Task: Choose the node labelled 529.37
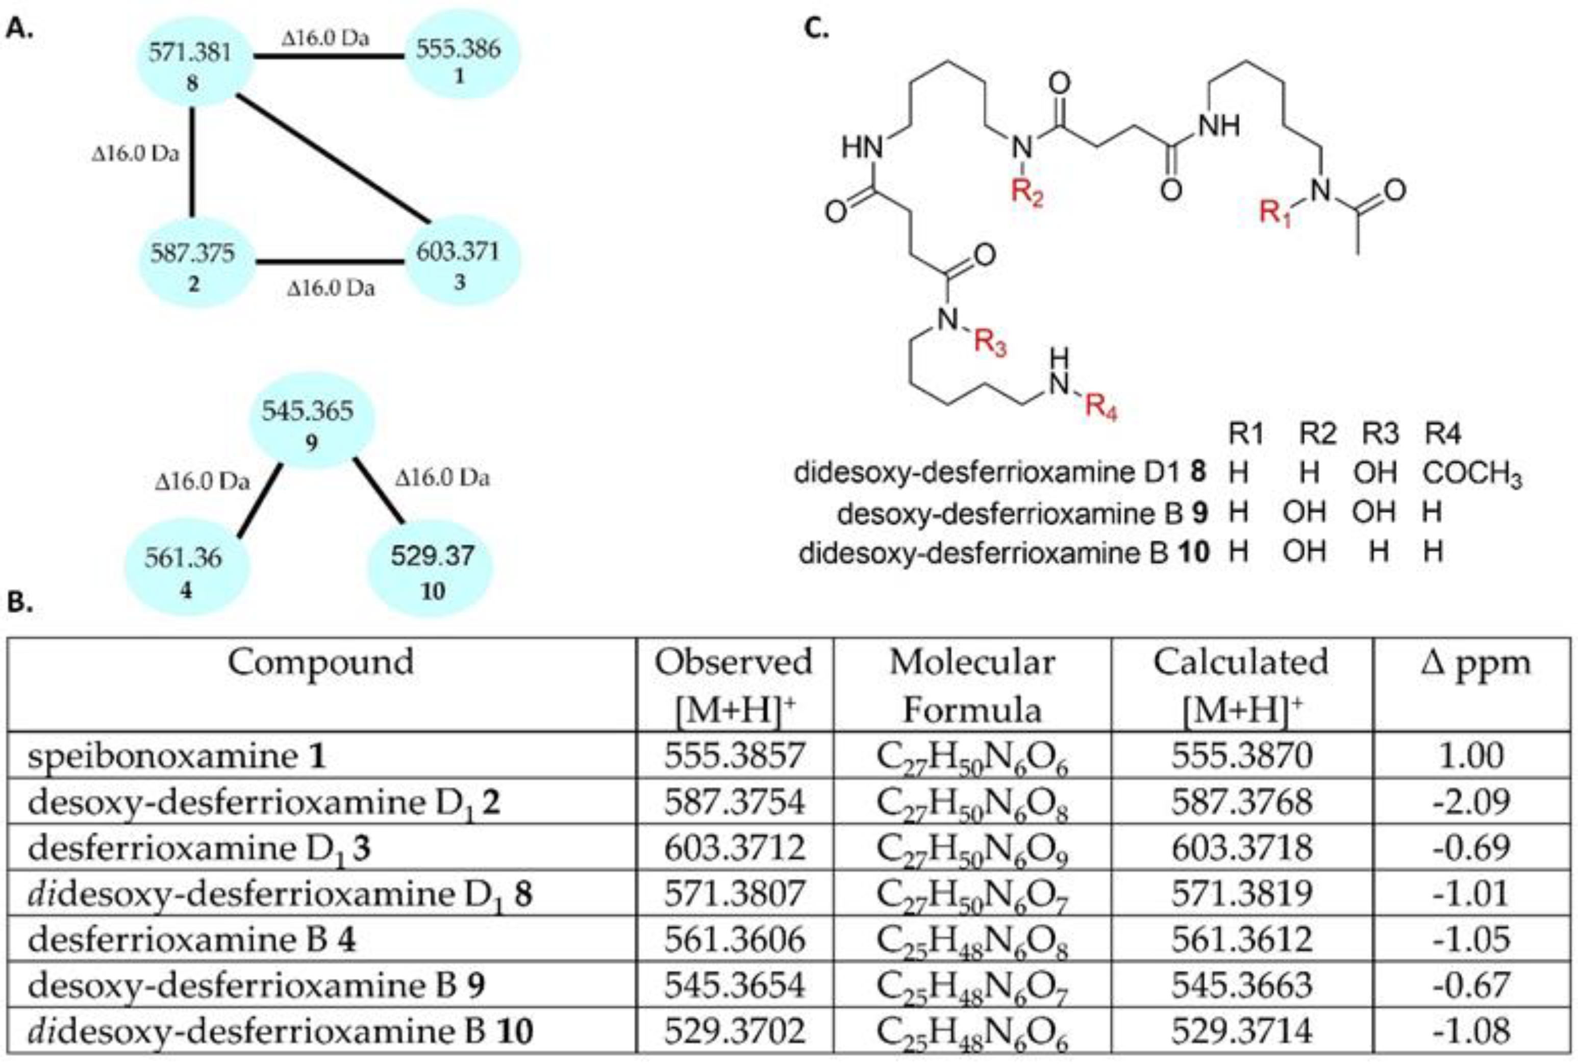[x=432, y=569]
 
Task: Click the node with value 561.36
[x=185, y=569]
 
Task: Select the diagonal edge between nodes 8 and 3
[x=333, y=158]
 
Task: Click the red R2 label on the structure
[x=1026, y=193]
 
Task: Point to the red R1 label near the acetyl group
[x=1274, y=212]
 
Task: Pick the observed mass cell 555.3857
[x=734, y=756]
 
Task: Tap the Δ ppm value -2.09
[x=1471, y=802]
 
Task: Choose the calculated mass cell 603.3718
[x=1241, y=848]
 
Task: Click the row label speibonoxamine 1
[x=177, y=756]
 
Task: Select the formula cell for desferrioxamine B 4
[x=972, y=941]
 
